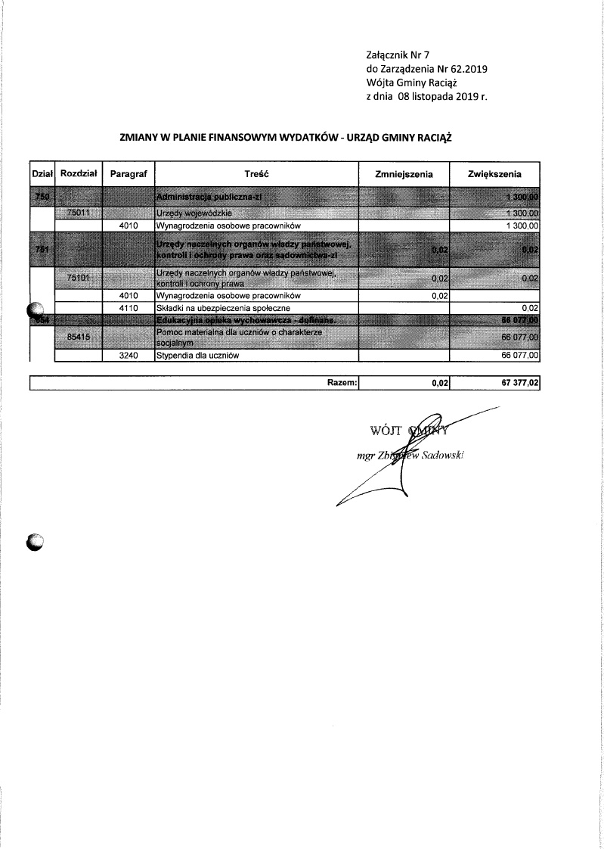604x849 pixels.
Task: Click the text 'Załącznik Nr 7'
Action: tap(397, 55)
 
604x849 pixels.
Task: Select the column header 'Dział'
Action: tap(41, 174)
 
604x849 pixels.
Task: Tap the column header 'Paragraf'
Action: tap(128, 174)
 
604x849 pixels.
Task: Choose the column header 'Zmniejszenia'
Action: tap(404, 174)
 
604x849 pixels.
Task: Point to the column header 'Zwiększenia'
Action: tap(494, 174)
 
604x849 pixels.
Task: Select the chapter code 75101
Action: tap(79, 278)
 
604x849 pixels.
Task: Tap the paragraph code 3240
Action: tap(127, 354)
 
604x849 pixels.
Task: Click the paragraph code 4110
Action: tap(127, 308)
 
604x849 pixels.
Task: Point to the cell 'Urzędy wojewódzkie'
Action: tap(189, 214)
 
